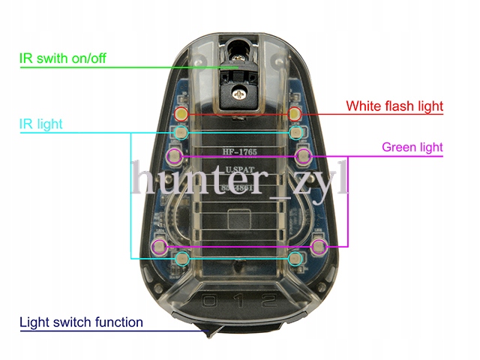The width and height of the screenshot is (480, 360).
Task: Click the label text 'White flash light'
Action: coord(394,106)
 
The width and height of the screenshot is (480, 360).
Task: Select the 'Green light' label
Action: coord(412,147)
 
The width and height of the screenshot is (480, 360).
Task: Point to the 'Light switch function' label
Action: coord(81,322)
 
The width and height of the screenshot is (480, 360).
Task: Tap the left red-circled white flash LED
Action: coord(181,114)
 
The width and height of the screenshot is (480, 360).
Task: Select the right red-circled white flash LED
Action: coord(295,114)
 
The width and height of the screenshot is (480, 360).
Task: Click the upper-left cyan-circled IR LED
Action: coord(179,133)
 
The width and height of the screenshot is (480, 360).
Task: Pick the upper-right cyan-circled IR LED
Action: coord(297,133)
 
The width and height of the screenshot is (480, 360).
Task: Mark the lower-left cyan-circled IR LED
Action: coord(180,259)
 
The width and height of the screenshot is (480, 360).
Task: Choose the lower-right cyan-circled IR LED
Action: coord(296,259)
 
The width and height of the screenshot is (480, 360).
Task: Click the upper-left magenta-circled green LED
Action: coord(174,156)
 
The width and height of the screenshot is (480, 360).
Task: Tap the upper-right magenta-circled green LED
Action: coord(303,156)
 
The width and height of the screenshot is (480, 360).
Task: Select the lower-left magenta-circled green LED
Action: coord(159,246)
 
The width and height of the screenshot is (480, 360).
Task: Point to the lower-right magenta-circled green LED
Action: coord(318,246)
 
